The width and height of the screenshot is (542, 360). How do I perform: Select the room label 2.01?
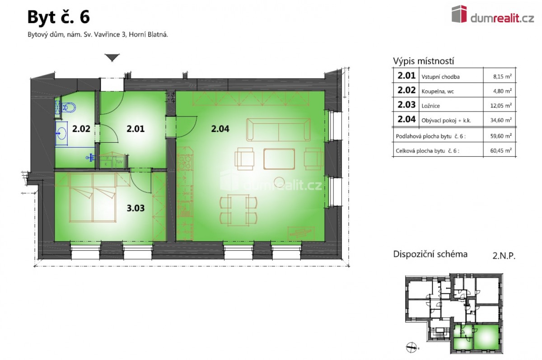pos(135,129)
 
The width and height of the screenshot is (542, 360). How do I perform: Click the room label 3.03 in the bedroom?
pos(135,208)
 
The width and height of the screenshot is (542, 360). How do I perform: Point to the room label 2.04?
pos(220,129)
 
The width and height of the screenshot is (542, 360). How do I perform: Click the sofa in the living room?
pos(279,130)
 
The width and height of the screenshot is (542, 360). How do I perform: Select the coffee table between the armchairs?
pos(279,159)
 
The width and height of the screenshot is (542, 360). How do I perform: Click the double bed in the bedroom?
pos(93,197)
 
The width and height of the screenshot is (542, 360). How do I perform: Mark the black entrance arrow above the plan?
pos(112,57)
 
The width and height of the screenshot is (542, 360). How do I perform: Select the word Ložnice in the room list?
pos(431,106)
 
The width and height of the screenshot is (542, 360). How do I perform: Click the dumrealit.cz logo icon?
pos(459,14)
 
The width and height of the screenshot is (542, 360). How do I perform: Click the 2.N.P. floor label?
pos(504,256)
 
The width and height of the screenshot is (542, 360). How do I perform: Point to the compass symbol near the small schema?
pos(411,348)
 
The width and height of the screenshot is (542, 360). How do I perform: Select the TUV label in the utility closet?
pos(119,162)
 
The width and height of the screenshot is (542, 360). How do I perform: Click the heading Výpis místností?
pos(424,61)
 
